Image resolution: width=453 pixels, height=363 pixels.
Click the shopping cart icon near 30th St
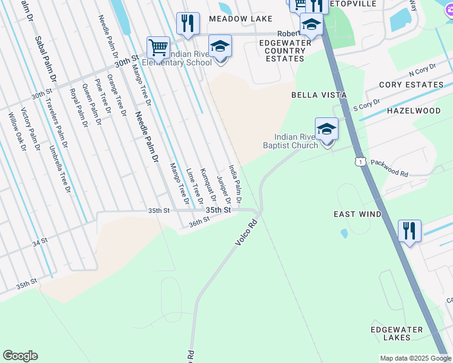158,47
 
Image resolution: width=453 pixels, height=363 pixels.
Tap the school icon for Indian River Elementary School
220,46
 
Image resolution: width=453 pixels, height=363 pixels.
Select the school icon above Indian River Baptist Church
326,129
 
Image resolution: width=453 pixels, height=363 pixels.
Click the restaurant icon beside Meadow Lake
188,23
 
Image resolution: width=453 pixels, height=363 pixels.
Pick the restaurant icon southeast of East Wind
409,231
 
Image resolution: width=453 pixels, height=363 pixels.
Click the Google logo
20,356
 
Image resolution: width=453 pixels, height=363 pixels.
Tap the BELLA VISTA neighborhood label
319,95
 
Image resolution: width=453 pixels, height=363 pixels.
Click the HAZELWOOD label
414,111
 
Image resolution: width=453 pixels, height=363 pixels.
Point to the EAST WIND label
357,214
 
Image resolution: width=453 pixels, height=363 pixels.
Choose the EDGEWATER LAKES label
397,334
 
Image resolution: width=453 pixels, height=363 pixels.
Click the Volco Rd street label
246,232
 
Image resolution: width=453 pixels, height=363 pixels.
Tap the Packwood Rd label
389,168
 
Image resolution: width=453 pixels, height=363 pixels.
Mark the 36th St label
199,222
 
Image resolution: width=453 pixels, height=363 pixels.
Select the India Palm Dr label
235,183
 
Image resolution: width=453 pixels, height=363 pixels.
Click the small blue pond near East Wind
344,233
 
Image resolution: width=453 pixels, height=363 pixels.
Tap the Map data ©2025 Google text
415,358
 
